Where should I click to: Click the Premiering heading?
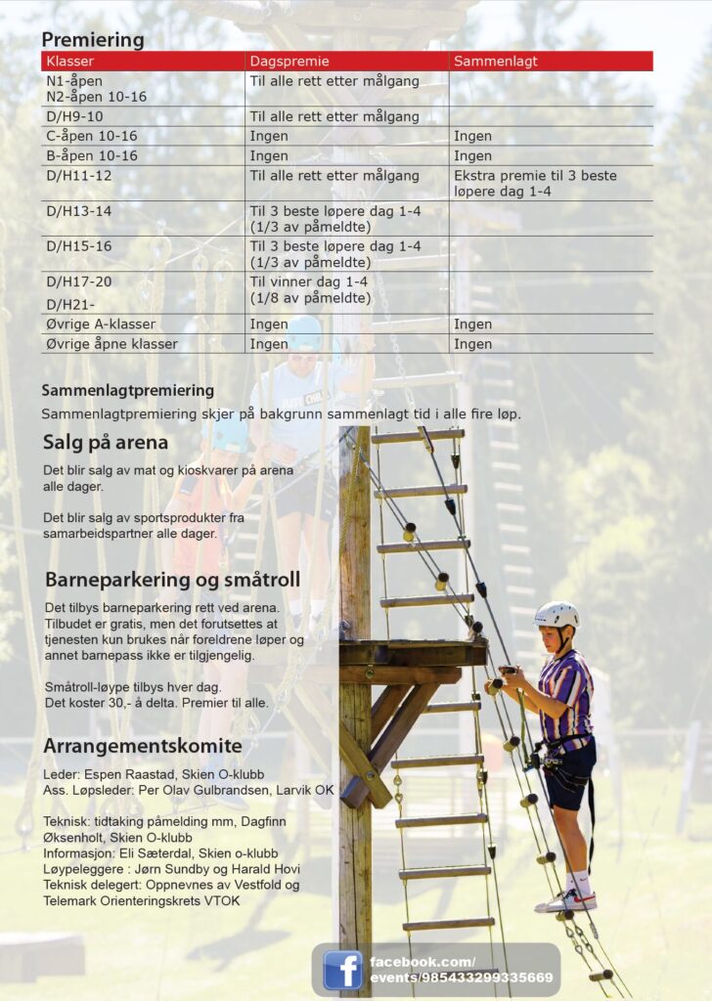tap(92, 40)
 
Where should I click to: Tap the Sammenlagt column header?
tap(495, 62)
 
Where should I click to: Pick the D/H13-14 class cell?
tap(79, 211)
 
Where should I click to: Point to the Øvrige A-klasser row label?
tap(101, 325)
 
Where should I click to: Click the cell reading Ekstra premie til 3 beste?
tap(535, 177)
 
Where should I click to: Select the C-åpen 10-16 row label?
tap(92, 137)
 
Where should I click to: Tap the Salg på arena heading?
tap(105, 443)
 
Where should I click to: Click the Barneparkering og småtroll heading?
tap(172, 580)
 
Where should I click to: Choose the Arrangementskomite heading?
tap(143, 747)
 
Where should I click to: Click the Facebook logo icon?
tap(342, 970)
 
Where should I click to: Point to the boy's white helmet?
tap(556, 614)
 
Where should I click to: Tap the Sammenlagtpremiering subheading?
tap(127, 391)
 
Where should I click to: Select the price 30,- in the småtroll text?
tap(148, 703)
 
